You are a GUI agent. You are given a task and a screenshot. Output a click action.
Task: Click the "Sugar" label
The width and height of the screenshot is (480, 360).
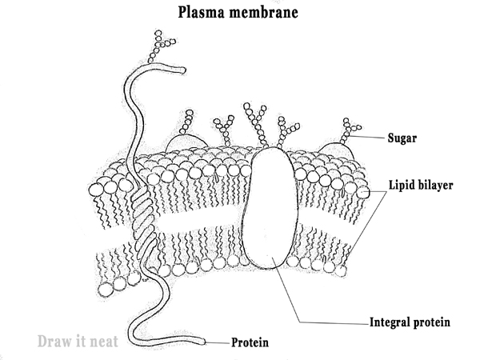(403, 137)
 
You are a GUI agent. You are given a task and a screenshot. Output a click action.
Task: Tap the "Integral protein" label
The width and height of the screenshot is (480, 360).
(410, 323)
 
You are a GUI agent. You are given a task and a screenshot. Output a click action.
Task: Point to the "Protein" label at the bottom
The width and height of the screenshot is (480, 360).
(250, 343)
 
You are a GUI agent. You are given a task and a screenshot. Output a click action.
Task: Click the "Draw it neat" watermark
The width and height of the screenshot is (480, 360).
(78, 342)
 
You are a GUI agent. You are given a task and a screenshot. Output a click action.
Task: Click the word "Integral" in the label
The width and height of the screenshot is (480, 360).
(390, 323)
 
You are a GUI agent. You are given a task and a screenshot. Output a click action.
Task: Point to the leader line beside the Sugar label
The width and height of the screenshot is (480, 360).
(372, 138)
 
